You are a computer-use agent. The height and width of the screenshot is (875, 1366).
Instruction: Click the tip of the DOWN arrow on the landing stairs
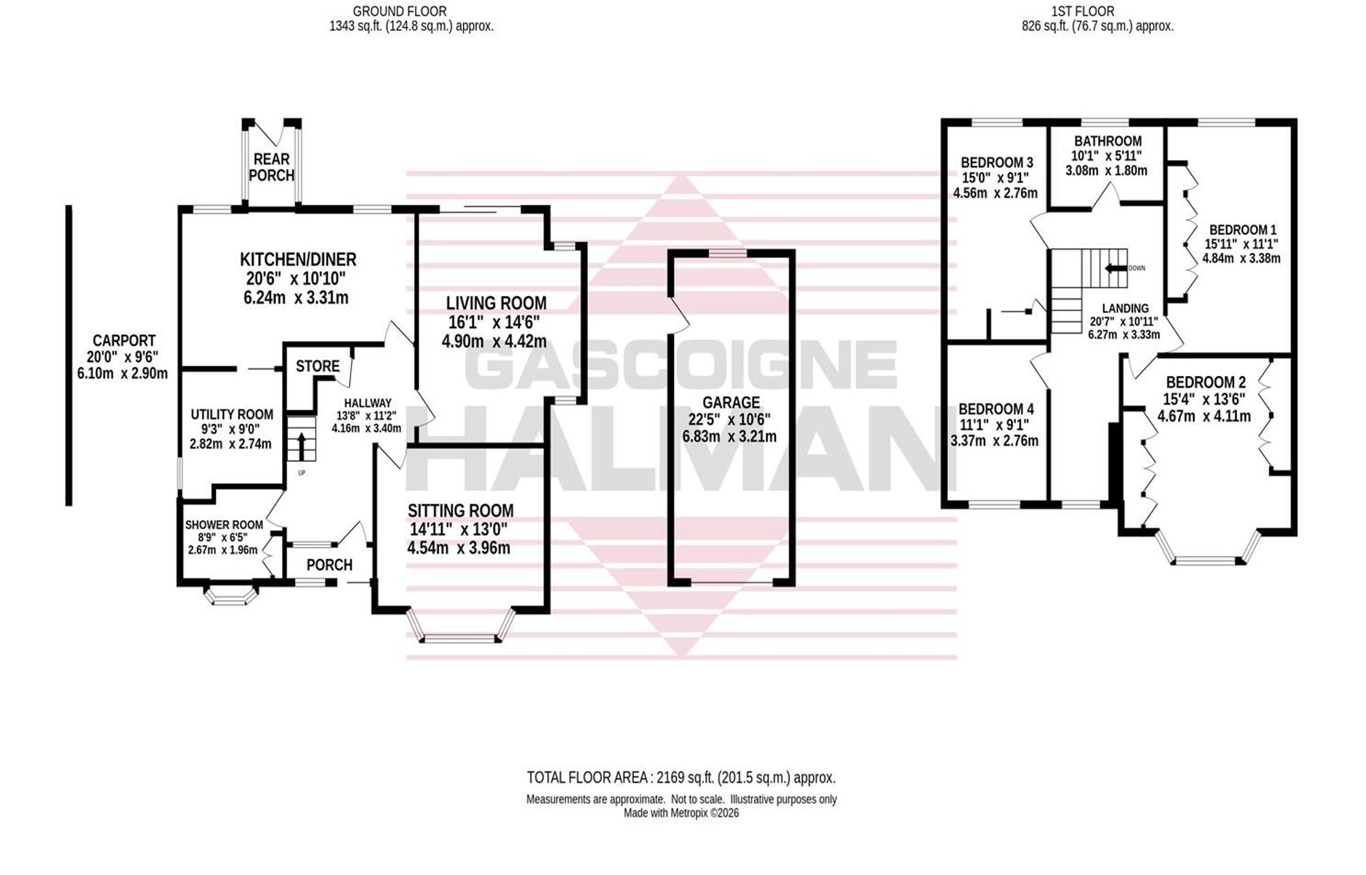[x=1106, y=268]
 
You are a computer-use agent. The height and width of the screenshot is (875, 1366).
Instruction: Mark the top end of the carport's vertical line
[x=68, y=206]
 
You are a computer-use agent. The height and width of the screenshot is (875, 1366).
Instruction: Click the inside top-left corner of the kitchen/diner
[x=184, y=211]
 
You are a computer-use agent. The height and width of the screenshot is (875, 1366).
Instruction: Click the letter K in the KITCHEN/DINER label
[x=245, y=260]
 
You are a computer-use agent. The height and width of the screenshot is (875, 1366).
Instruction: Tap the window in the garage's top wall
[x=731, y=254]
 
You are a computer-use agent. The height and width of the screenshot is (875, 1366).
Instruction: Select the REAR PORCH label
[x=272, y=167]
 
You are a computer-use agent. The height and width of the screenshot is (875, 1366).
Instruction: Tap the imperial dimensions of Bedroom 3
[x=996, y=178]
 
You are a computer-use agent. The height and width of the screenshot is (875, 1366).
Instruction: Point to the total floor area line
[x=681, y=777]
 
